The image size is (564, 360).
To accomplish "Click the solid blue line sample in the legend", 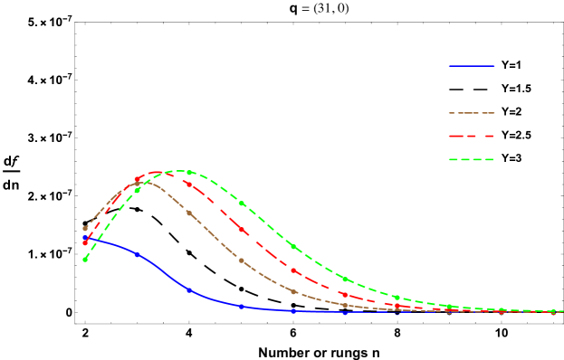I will click(472, 66).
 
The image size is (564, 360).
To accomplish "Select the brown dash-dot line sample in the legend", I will click(472, 113).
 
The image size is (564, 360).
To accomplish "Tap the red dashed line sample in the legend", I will click(472, 137).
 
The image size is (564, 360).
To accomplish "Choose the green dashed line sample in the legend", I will click(472, 160).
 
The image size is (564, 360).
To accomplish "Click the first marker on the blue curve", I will click(85, 238).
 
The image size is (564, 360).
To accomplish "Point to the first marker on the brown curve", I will click(85, 229).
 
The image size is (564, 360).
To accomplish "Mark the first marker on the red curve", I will click(85, 242).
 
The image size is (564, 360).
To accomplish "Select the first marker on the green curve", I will click(85, 260).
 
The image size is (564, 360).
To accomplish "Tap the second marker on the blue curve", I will click(138, 255).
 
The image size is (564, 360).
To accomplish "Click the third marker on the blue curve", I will click(189, 290).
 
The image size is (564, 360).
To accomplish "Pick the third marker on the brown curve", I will click(189, 213).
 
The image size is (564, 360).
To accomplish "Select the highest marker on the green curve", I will click(189, 172).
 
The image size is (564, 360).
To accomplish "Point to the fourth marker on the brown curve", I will click(242, 261).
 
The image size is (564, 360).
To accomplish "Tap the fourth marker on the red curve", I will click(242, 231).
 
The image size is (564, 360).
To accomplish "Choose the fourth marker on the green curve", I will click(242, 204).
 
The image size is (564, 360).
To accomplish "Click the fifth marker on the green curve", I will click(293, 246).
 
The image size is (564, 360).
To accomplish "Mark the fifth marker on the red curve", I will click(293, 270).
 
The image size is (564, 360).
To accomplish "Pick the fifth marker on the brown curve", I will click(293, 292).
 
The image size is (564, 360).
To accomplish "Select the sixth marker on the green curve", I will click(345, 279).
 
